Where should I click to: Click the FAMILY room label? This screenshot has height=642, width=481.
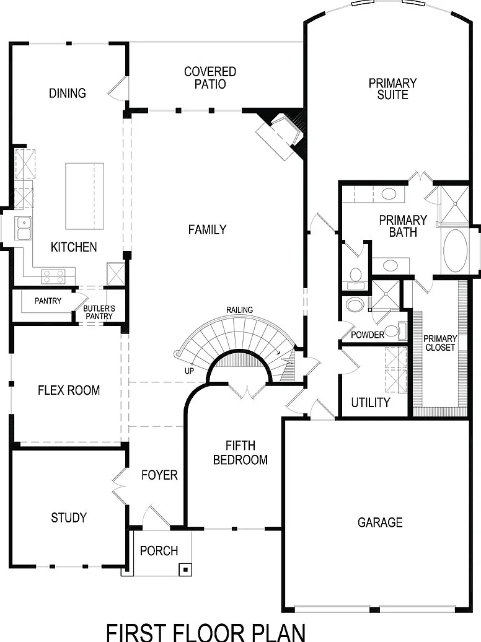point(207,230)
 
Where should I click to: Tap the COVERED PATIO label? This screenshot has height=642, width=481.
point(210,78)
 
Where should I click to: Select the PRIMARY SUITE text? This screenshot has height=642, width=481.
point(392,89)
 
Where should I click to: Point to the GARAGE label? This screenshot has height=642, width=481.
point(380,522)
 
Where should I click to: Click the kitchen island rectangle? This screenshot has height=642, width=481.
point(85,196)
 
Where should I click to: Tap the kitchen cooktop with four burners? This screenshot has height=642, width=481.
point(53,277)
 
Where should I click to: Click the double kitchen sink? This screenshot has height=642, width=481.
point(24,229)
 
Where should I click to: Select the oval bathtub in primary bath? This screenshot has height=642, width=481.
point(456,250)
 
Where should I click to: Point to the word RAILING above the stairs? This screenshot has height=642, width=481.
point(240,310)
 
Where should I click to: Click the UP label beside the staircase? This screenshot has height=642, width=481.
point(189,371)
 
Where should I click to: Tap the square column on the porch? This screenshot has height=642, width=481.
point(185,569)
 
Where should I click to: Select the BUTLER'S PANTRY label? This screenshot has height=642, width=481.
point(99,312)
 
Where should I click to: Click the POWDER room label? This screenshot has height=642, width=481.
point(368,335)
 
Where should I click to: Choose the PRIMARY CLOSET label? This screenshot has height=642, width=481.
point(440,343)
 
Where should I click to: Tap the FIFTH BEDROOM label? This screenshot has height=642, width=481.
point(240,452)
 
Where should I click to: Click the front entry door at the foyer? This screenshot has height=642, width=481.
point(156,517)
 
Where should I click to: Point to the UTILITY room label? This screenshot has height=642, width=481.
point(371,402)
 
